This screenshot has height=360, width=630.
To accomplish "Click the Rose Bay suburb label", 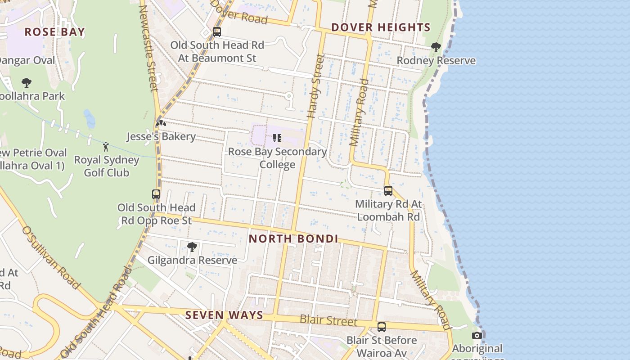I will (x=54, y=32).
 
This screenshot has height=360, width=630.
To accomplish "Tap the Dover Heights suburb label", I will (x=381, y=27).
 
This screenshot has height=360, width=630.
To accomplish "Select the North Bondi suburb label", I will (x=293, y=238).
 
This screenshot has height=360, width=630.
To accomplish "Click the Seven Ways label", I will (x=224, y=315).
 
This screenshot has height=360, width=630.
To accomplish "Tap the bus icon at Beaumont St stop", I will (x=217, y=32).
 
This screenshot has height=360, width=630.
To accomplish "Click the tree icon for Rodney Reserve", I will (x=436, y=47).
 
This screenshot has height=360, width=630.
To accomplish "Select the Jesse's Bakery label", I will (x=161, y=137).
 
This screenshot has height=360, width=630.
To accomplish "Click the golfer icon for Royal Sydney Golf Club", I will (x=106, y=147).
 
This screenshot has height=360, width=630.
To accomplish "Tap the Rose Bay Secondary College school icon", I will (x=277, y=138).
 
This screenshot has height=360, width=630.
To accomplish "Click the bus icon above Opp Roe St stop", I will (x=156, y=194).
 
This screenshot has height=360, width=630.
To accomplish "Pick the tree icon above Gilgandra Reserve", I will (x=192, y=247).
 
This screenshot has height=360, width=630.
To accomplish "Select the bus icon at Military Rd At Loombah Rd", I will (x=388, y=191).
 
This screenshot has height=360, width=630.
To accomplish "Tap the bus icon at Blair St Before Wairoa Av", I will (x=382, y=327).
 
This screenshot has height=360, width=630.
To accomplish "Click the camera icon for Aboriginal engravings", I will (x=477, y=335).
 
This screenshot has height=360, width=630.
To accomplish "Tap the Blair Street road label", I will (x=328, y=321).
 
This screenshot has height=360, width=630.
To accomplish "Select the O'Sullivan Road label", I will (x=50, y=257).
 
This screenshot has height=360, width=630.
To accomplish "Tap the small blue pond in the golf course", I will (x=90, y=119).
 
